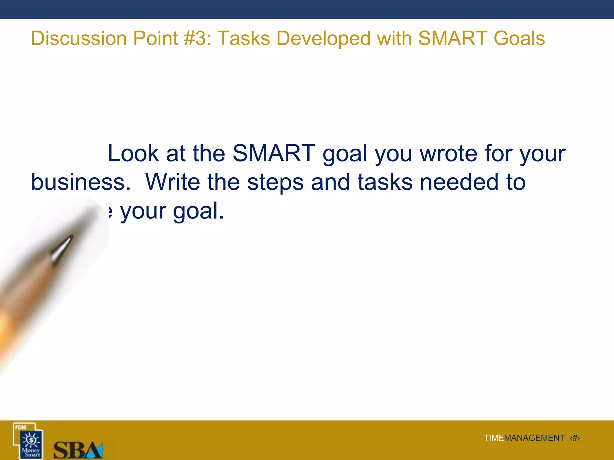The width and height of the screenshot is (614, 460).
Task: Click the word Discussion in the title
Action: [79, 39]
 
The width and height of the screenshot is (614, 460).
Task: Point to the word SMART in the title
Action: [452, 39]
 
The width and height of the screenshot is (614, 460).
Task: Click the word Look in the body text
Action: [133, 153]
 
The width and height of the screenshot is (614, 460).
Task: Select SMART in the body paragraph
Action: [274, 153]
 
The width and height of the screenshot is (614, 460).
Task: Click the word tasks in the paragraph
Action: [385, 182]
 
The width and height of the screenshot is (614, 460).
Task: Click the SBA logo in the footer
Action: [78, 450]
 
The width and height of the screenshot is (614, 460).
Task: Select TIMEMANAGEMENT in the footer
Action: [524, 438]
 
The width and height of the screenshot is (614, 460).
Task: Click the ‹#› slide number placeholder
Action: [575, 438]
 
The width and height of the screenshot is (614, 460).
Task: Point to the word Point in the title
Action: [156, 39]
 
